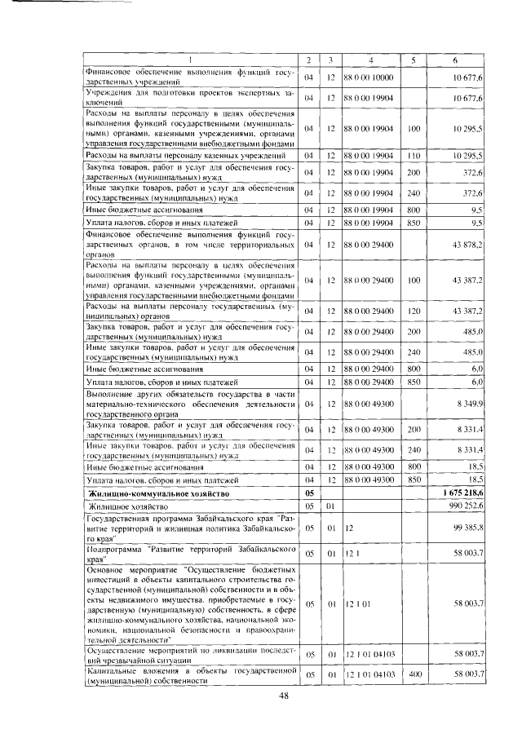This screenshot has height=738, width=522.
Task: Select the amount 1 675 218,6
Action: pyautogui.click(x=462, y=493)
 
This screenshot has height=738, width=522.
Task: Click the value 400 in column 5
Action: pyautogui.click(x=414, y=674)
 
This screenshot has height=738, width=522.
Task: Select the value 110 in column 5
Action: pyautogui.click(x=414, y=154)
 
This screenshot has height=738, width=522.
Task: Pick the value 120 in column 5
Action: pyautogui.click(x=414, y=312)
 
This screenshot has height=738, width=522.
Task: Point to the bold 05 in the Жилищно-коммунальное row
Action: pyautogui.click(x=309, y=494)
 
